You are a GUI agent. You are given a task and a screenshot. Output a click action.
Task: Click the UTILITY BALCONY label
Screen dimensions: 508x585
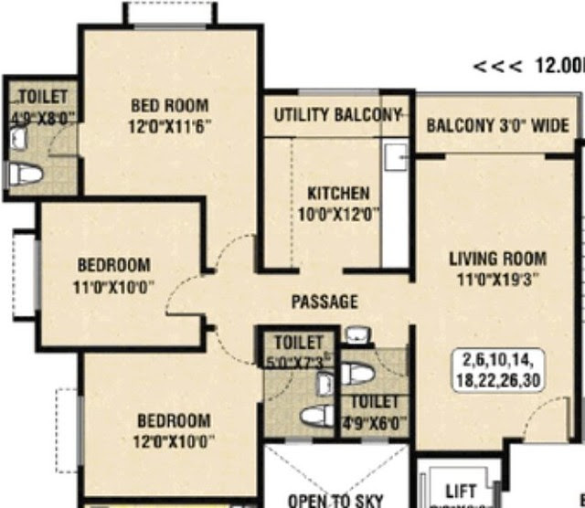[337, 115]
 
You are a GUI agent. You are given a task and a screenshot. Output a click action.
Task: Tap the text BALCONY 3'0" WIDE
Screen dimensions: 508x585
[497, 125]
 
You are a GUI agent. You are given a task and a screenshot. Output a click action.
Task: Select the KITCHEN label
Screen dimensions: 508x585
[338, 194]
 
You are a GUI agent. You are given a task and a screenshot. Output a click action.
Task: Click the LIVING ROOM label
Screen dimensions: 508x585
[497, 259]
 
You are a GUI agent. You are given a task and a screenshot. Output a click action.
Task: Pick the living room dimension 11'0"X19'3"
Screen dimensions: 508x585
[497, 280]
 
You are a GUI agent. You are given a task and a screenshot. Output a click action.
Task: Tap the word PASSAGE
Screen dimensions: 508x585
[324, 302]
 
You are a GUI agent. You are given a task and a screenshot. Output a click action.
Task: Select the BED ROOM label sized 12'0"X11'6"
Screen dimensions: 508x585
[169, 105]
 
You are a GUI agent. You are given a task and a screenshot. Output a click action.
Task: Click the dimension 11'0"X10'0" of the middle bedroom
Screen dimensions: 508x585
[114, 286]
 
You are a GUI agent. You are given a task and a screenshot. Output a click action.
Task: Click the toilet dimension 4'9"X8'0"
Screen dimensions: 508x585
[42, 117]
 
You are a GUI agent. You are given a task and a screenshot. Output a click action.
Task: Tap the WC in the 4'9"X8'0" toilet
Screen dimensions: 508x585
[23, 173]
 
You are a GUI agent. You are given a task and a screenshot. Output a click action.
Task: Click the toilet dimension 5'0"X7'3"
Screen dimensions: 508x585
[298, 361]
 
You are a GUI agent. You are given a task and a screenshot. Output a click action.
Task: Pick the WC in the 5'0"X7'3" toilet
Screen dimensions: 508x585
[315, 416]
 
